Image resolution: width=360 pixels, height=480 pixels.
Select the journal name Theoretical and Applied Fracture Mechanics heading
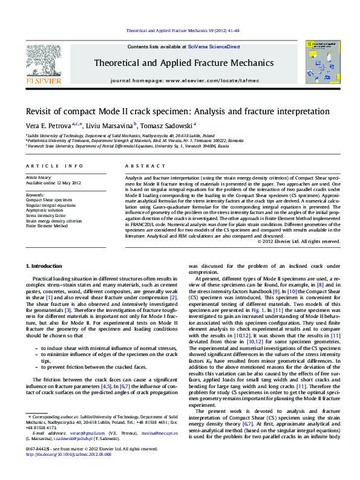click(180, 62)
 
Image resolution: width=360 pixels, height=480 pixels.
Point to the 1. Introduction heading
click(45, 266)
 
